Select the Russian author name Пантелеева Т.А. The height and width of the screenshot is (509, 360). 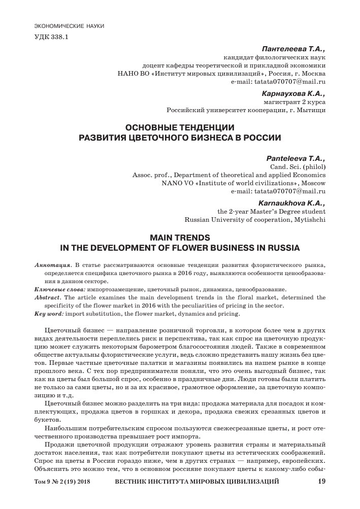[x=293, y=49]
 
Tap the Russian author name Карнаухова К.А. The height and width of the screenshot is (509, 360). [x=293, y=93]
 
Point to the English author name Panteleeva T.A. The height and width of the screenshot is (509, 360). [x=296, y=158]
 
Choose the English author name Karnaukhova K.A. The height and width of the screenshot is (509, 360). [x=293, y=203]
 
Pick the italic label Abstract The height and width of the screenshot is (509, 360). [x=47, y=298]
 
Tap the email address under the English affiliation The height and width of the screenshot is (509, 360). [x=278, y=191]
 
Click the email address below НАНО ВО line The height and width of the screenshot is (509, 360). [x=278, y=81]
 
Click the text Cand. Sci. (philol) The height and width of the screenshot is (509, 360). [x=296, y=166]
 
